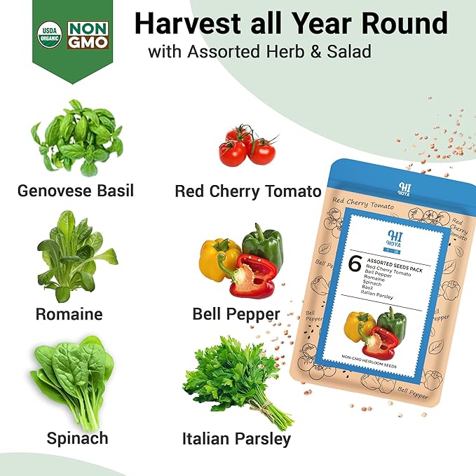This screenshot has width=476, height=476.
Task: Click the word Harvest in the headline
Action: pyautogui.click(x=184, y=24)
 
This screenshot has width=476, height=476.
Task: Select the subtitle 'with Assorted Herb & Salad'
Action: pyautogui.click(x=259, y=52)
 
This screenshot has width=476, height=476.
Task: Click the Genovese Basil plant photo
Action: pyautogui.click(x=76, y=137)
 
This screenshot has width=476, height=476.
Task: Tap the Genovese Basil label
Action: pyautogui.click(x=76, y=190)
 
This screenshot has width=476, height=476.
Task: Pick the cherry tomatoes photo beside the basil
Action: pyautogui.click(x=247, y=145)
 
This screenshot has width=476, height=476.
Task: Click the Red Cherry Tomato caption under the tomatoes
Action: pyautogui.click(x=247, y=191)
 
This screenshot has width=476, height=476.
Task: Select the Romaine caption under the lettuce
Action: pyautogui.click(x=69, y=313)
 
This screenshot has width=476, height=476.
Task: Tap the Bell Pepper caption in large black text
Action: pyautogui.click(x=236, y=313)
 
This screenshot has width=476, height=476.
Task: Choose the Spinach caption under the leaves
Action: pyautogui.click(x=77, y=439)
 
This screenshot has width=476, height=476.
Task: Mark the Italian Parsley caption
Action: pyautogui.click(x=236, y=440)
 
